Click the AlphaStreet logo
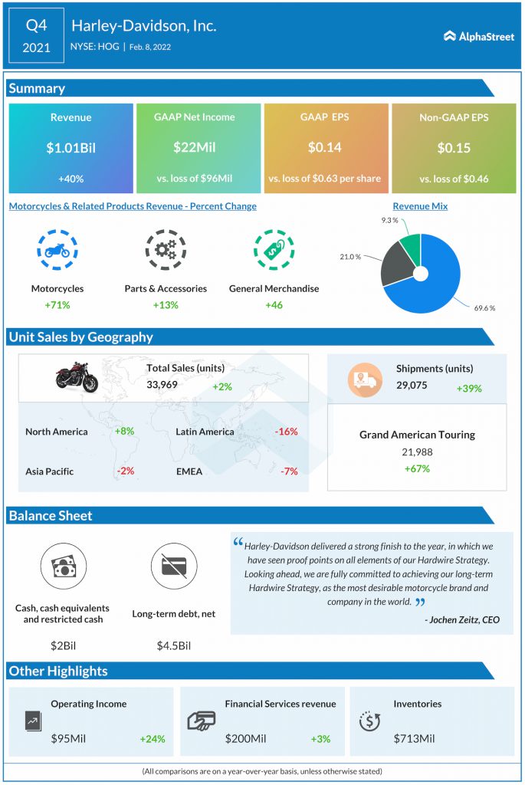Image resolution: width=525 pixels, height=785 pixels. coord(478,36)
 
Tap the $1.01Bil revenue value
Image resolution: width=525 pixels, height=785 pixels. coord(71,148)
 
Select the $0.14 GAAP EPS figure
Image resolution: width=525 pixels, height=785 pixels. coord(324,147)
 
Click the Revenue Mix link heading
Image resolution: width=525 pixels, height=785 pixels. coord(420,205)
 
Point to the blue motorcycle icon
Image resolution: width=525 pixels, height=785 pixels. coord(57,250)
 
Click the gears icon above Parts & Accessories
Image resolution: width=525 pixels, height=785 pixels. coord(166,250)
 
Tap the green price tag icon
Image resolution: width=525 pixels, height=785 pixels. coord(274,250)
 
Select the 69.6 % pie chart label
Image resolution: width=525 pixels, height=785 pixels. coord(484,308)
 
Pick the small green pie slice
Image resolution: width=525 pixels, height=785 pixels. coord(412,248)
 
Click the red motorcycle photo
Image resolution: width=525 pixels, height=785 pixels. coord(77,377)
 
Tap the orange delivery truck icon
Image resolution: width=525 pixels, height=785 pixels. coord(365,380)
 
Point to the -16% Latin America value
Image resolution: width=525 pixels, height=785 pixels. coord(287,431)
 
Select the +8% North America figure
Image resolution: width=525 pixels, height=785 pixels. coord(124,431)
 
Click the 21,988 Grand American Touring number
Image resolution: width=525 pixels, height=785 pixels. coord(417,452)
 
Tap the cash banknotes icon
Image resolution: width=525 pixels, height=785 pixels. coord(64,567)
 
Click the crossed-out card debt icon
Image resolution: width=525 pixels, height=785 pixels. coord(174,567)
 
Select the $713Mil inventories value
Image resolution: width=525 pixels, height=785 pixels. coord(414,738)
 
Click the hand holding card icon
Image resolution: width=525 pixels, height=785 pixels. coord(202,721)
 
